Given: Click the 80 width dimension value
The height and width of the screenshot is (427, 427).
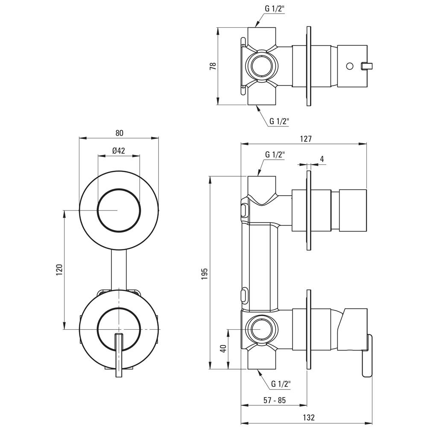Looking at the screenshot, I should (119, 133).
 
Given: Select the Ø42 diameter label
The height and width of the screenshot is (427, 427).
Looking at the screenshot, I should (118, 150).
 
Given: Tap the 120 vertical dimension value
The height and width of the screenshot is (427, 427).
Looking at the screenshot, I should (59, 269).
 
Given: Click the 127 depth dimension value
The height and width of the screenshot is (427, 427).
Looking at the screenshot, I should (306, 138).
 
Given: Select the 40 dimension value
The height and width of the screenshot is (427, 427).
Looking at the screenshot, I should (222, 348).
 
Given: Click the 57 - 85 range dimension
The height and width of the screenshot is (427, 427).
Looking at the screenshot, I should (275, 400).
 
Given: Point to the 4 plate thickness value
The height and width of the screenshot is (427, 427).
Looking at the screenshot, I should (322, 159).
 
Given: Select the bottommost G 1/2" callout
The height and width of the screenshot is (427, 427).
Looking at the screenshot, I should (281, 384).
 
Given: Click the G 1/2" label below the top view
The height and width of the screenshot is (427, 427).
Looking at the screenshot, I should (279, 121).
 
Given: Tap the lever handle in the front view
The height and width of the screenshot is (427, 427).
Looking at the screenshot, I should (119, 354).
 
